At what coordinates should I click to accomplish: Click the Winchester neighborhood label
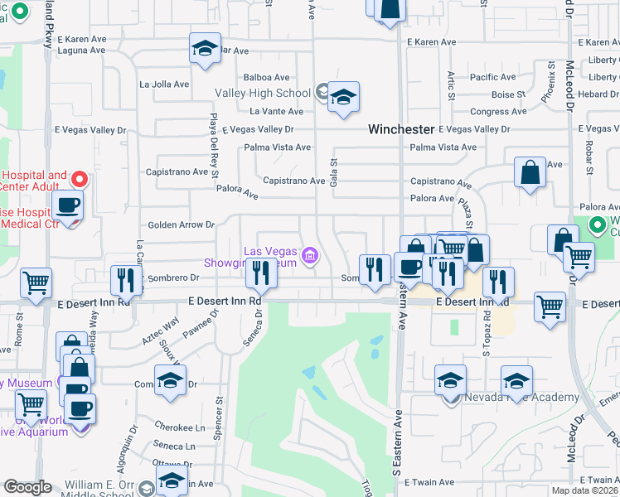(402, 130)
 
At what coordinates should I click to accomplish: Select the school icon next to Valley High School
(342, 99)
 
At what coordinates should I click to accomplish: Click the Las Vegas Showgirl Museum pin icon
(309, 257)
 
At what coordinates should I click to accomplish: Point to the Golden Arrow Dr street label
(181, 224)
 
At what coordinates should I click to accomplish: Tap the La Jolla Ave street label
(165, 84)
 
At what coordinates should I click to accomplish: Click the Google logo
(27, 487)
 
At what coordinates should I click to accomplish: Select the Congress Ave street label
(498, 112)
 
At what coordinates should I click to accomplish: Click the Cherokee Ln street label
(179, 427)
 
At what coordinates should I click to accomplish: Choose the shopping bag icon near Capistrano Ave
(530, 173)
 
